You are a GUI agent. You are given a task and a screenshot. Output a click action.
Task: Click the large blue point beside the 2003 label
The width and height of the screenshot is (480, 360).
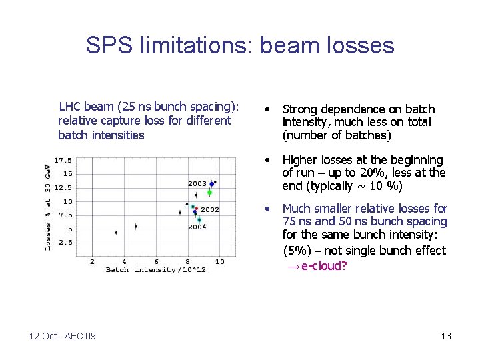coord(212,184)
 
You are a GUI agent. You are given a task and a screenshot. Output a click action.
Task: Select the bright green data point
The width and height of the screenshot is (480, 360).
coord(209,193)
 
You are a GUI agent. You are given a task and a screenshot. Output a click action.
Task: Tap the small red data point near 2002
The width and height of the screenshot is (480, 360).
coord(196,209)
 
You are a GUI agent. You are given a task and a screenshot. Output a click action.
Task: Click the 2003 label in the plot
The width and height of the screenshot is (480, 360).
coord(197,183)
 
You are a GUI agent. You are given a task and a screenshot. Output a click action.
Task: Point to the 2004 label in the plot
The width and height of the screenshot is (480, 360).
coord(197,227)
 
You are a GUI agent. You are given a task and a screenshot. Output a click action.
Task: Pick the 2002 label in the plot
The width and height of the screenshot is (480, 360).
coord(210,209)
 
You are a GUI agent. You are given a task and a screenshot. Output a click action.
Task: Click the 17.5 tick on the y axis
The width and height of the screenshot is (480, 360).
coord(63,160)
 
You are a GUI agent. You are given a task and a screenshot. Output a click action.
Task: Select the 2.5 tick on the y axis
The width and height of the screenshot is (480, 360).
coord(65,243)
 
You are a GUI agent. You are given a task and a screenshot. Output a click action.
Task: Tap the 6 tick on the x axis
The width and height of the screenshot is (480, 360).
coord(156,261)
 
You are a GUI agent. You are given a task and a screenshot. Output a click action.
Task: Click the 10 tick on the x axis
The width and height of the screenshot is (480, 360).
coord(220,261)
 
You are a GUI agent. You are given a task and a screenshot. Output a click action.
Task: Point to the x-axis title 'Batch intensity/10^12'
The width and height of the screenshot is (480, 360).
coord(155,270)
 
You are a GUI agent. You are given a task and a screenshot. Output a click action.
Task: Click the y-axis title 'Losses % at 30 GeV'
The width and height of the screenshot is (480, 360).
coord(48,207)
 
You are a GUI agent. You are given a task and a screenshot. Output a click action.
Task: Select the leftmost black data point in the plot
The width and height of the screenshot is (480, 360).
coord(116,233)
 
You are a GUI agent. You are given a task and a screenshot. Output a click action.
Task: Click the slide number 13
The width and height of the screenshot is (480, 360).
coord(446,336)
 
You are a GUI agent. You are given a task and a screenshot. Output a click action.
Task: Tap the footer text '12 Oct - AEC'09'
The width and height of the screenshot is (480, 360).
coord(63,336)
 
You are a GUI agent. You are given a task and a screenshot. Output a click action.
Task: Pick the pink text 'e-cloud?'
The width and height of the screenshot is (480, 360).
coord(324,266)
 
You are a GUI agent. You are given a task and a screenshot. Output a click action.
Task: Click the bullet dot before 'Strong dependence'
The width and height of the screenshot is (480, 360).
coord(267,109)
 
